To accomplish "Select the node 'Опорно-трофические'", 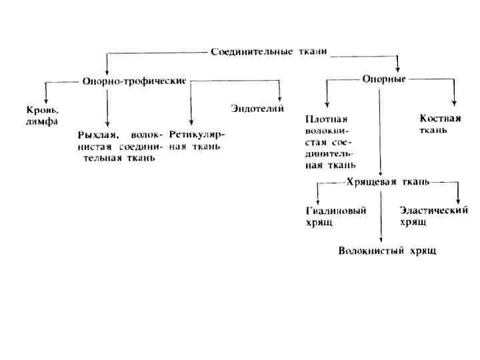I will coord(133,82).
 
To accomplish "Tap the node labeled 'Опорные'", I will coord(384,79).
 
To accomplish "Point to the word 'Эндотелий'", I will coord(258,108).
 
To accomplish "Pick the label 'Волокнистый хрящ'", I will coord(387,251).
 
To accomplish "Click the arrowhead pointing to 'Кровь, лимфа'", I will coord(45,98).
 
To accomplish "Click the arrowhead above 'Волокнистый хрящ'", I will coord(381,241).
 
